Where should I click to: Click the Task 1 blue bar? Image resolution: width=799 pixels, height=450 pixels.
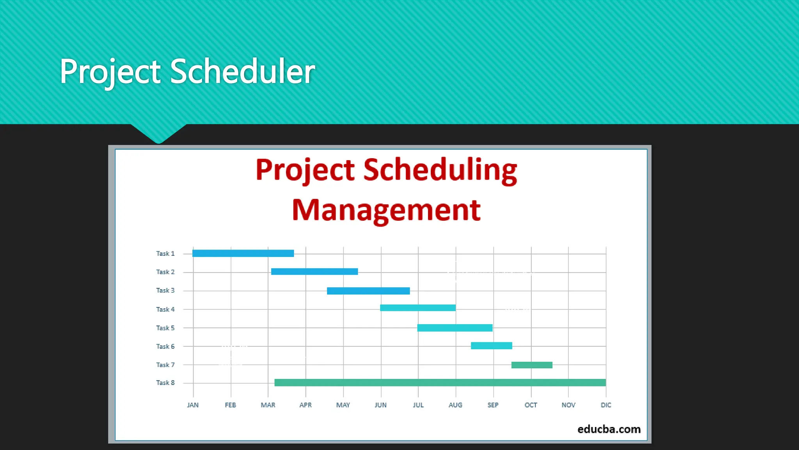243,254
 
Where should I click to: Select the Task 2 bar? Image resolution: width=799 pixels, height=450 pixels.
314,271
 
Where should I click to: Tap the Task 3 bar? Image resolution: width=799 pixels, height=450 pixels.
368,291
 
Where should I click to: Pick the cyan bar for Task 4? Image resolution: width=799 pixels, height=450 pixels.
418,308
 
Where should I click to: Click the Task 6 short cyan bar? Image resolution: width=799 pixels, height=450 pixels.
491,346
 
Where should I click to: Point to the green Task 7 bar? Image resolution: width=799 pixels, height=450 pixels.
532,365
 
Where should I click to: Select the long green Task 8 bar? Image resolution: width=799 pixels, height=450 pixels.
440,383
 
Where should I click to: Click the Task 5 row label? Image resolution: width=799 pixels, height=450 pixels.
165,328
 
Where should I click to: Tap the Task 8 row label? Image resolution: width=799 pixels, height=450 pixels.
165,383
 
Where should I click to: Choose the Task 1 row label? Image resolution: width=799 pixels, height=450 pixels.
165,254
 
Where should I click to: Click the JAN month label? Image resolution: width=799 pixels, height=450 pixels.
193,405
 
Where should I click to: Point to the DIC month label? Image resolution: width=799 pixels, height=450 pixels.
606,405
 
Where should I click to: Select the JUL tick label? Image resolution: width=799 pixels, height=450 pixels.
418,405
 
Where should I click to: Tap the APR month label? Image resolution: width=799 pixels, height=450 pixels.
305,405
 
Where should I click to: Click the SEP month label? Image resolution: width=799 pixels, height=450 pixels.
493,405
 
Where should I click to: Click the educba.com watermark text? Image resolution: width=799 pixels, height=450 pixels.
609,429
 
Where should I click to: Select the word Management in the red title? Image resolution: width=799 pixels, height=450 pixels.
386,210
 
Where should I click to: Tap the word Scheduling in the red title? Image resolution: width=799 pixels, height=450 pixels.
440,170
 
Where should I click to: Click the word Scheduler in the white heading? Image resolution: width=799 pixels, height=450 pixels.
242,71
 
